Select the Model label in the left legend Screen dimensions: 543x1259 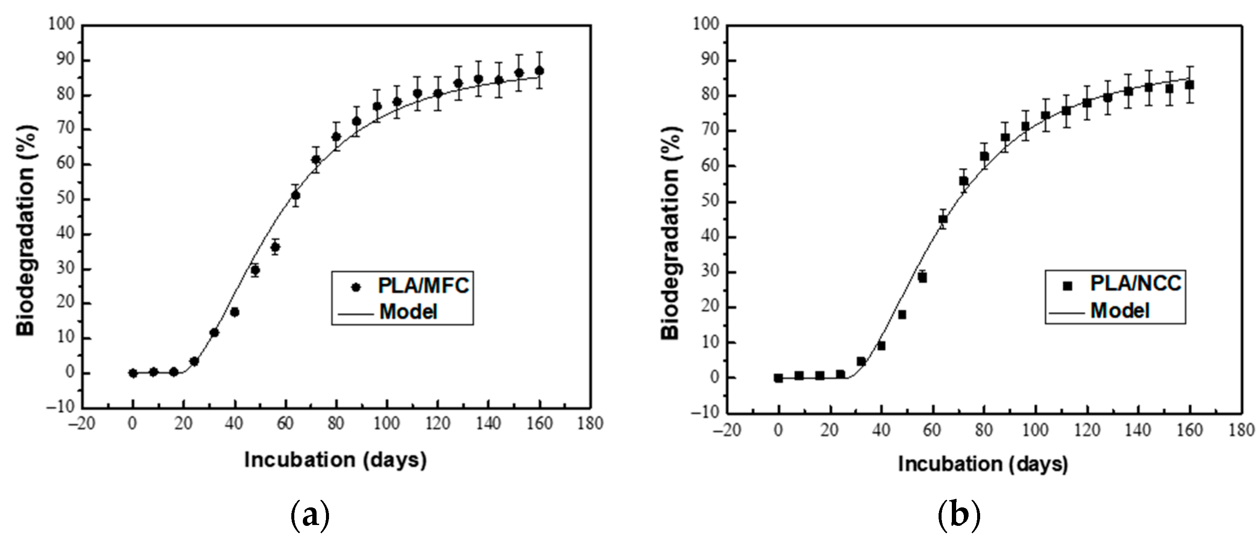click(408, 312)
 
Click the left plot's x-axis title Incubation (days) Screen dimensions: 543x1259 click(335, 460)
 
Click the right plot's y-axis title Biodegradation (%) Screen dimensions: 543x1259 click(670, 232)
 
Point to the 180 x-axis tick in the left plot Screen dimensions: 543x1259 click(590, 424)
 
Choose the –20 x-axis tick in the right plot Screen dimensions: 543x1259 click(727, 431)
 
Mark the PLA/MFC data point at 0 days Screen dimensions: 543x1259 click(133, 373)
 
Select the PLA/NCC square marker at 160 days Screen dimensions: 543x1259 click(1190, 85)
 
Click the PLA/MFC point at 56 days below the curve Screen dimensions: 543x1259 click(275, 247)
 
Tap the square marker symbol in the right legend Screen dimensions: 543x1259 click(1068, 286)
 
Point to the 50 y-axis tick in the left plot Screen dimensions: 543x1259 click(66, 199)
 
